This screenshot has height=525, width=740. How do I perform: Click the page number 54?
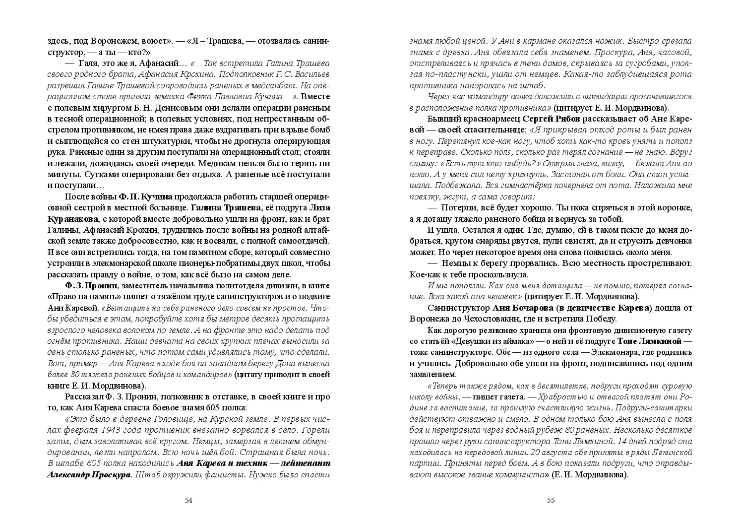pyautogui.click(x=188, y=500)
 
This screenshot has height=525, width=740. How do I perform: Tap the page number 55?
pyautogui.click(x=551, y=500)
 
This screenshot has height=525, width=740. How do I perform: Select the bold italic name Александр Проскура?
pyautogui.click(x=89, y=474)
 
